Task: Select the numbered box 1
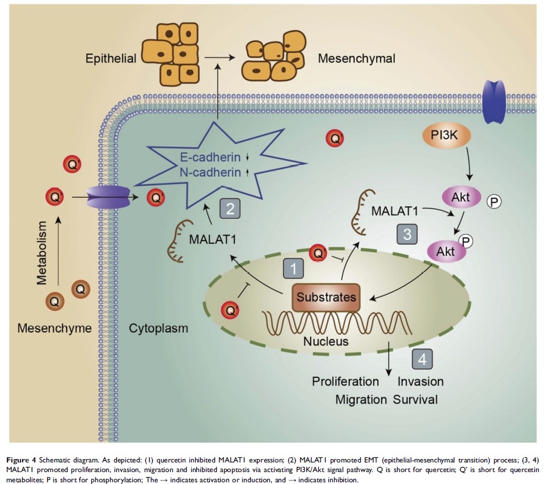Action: (x=293, y=268)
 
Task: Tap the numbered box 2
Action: (x=230, y=209)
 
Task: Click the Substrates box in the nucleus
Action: (x=326, y=298)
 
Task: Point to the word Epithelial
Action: (x=111, y=58)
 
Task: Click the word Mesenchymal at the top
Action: (x=357, y=58)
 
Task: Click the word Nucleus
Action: (x=326, y=341)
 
